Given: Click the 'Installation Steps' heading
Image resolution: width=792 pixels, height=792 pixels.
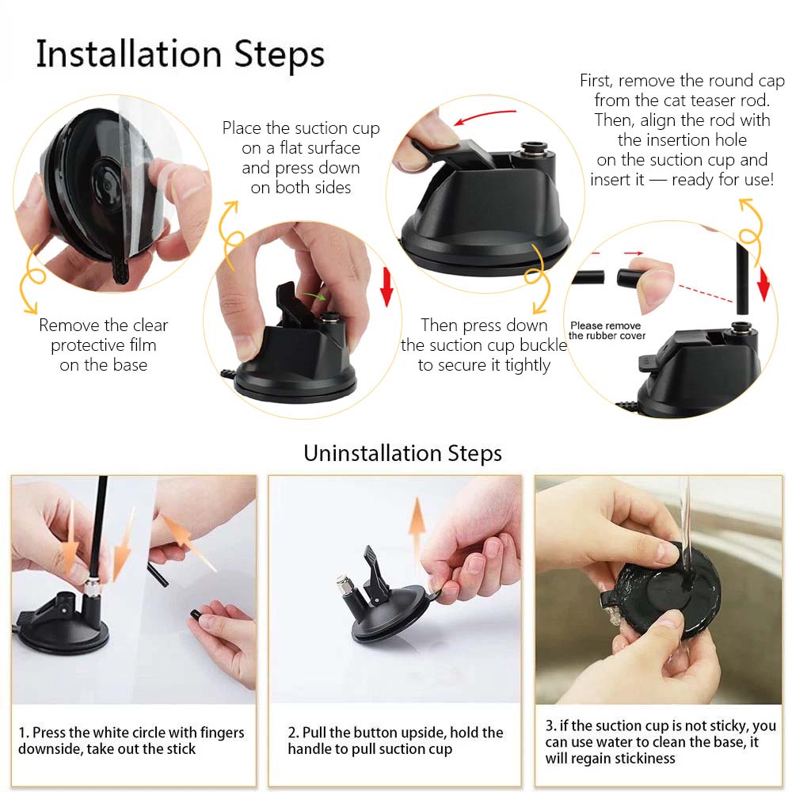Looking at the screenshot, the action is click(x=181, y=55).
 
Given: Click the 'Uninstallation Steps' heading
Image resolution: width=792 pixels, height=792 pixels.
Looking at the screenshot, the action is click(x=402, y=453).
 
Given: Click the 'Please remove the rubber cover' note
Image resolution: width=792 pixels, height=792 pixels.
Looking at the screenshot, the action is click(x=607, y=330).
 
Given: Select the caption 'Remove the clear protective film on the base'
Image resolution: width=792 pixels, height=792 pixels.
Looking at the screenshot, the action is click(x=104, y=345).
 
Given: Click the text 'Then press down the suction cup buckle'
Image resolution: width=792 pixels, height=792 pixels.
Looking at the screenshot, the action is click(x=484, y=335).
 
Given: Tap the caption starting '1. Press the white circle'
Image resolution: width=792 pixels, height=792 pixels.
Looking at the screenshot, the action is click(x=131, y=741).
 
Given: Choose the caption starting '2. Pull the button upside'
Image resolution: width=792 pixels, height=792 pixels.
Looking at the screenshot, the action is click(x=395, y=741).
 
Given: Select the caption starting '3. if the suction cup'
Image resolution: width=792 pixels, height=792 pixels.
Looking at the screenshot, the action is click(x=661, y=741).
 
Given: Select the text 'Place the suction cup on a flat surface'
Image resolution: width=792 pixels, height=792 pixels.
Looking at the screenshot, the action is click(x=301, y=137).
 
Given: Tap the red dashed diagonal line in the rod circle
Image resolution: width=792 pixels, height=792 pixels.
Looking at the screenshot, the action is click(x=705, y=294).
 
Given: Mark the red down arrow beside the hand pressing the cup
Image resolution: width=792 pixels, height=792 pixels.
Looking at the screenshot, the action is click(x=386, y=287).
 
